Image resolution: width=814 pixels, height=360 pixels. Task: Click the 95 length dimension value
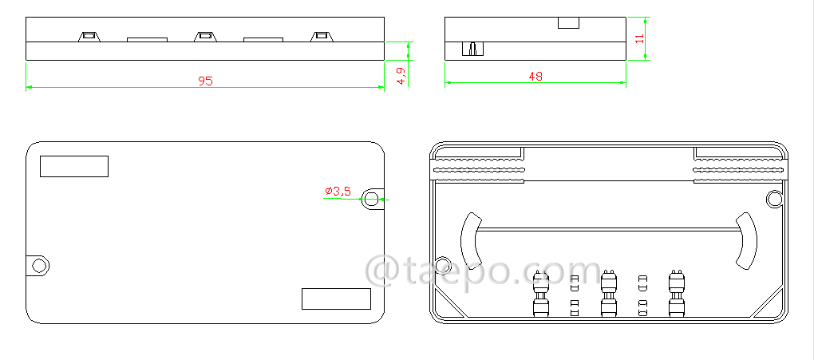click(205, 81)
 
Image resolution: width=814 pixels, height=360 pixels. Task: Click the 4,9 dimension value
click(401, 76)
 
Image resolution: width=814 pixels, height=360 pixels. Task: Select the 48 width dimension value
click(535, 77)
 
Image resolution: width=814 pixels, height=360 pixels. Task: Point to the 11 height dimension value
click(639, 38)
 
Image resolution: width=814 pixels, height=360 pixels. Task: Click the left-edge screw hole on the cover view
click(38, 265)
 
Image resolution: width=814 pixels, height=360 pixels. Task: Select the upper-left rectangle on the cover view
click(73, 166)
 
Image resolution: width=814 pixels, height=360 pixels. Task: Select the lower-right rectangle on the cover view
click(336, 299)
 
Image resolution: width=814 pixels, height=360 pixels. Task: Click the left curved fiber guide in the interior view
click(468, 239)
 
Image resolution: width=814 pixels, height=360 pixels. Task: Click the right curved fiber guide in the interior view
click(747, 239)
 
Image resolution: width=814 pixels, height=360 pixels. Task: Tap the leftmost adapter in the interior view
click(540, 295)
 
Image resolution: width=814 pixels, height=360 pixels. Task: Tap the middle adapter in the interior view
click(608, 295)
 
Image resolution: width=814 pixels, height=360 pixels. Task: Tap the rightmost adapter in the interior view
click(677, 295)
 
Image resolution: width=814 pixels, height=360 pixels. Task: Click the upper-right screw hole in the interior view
click(773, 198)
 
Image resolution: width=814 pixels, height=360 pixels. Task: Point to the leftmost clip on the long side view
click(89, 36)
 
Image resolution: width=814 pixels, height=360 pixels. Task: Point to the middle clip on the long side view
click(205, 36)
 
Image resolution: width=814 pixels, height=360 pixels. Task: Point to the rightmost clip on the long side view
click(322, 36)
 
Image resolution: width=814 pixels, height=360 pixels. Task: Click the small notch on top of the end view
click(567, 22)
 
